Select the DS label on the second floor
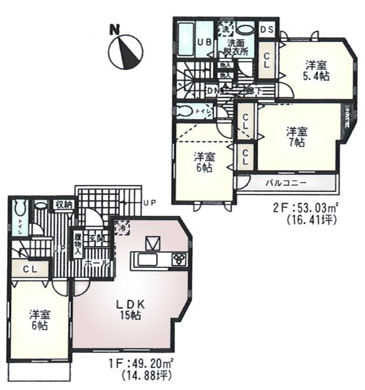point(266,29)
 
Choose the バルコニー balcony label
point(285,182)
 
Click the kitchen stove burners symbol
point(179,258)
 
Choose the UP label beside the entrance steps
point(149,202)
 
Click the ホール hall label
point(96,261)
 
